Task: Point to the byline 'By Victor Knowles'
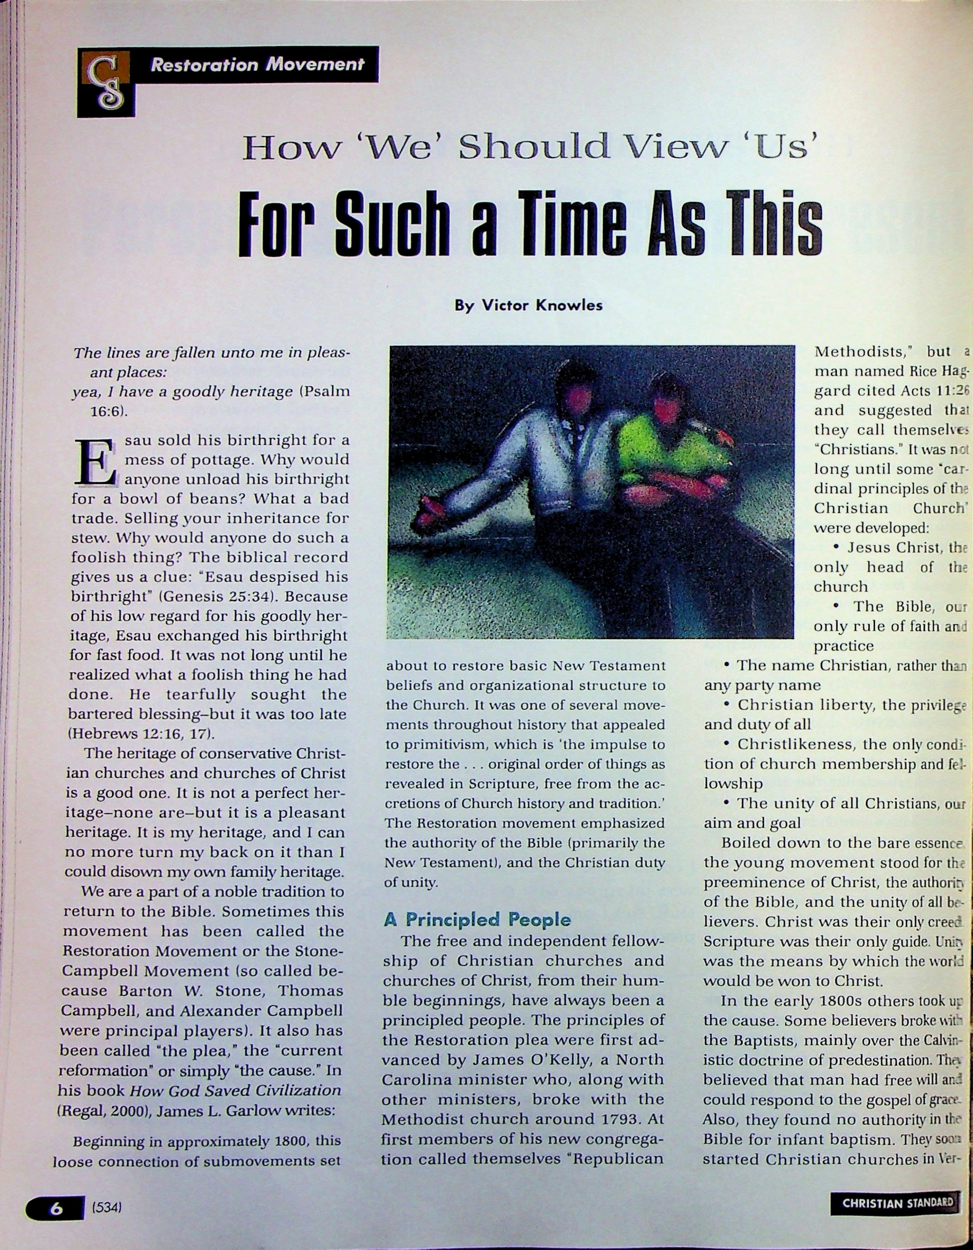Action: point(528,305)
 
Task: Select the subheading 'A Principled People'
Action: point(477,919)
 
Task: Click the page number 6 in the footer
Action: point(55,1208)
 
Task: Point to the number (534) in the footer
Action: point(107,1208)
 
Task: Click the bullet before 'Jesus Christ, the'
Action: point(836,547)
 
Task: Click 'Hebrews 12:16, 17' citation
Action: point(140,733)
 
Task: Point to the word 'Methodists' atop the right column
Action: point(858,351)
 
